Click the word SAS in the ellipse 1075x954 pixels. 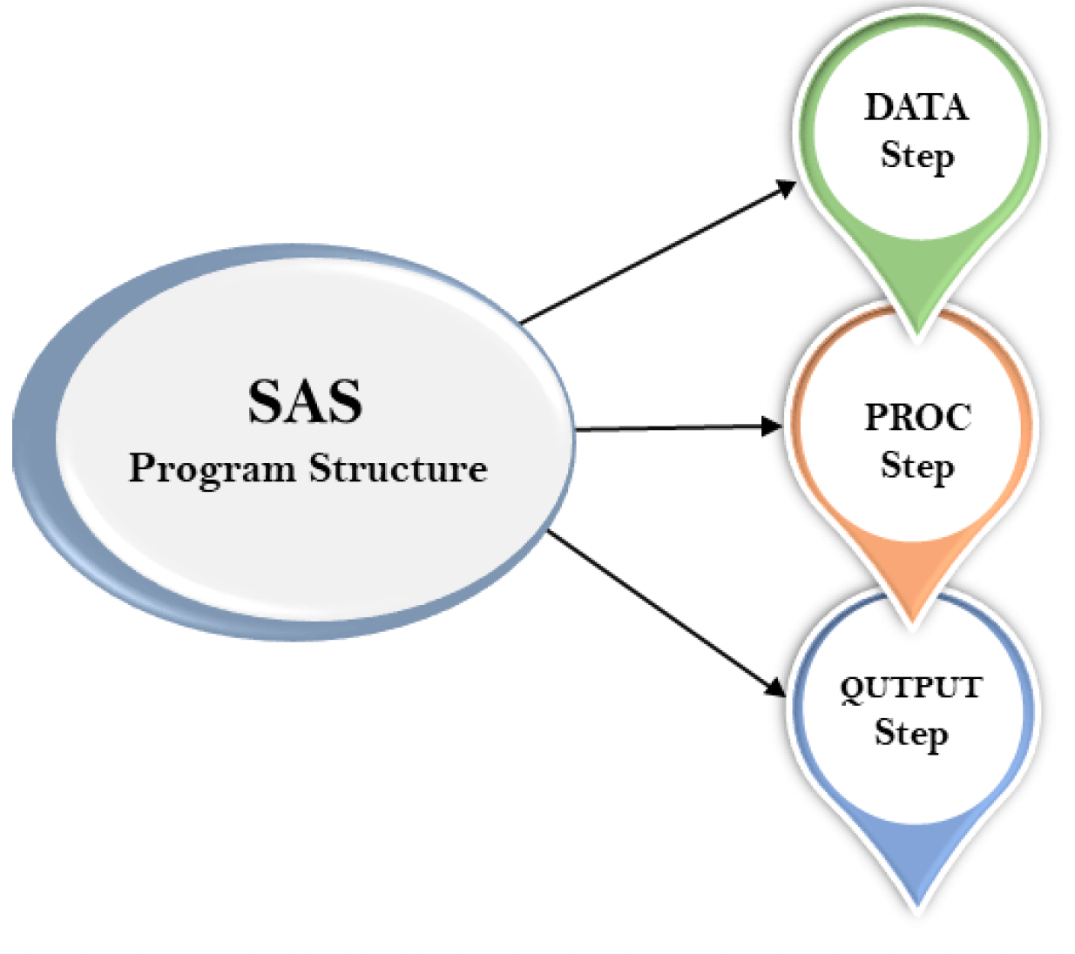coord(305,401)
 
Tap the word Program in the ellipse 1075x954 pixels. coord(212,469)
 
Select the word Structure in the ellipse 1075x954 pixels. coord(398,468)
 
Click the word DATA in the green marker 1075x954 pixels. coord(916,108)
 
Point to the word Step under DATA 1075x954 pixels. coord(916,157)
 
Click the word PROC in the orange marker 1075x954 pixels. coord(917,418)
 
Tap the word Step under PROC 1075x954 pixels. coord(916,467)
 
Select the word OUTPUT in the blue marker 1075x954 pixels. coord(910,689)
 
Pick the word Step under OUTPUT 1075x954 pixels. coord(910,733)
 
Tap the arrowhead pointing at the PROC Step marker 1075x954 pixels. coord(772,426)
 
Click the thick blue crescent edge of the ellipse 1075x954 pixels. coord(35,435)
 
